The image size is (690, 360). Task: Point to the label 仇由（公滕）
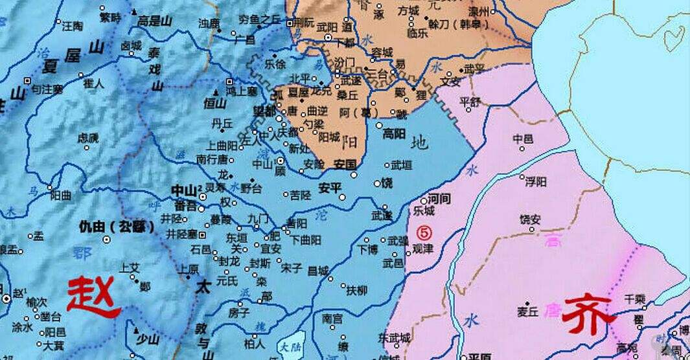[x=116, y=227]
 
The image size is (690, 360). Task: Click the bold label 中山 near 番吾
[x=182, y=190]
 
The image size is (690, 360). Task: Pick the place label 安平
[x=330, y=188]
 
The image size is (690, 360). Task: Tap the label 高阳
[x=394, y=133]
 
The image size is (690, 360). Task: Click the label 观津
[x=424, y=248]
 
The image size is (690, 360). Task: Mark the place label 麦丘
[x=528, y=312]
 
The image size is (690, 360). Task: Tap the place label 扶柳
[x=357, y=289]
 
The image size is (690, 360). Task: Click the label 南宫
[x=332, y=318]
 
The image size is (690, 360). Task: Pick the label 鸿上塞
[x=241, y=91]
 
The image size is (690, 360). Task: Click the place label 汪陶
[x=72, y=27]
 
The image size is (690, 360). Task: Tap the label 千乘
[x=634, y=298]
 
